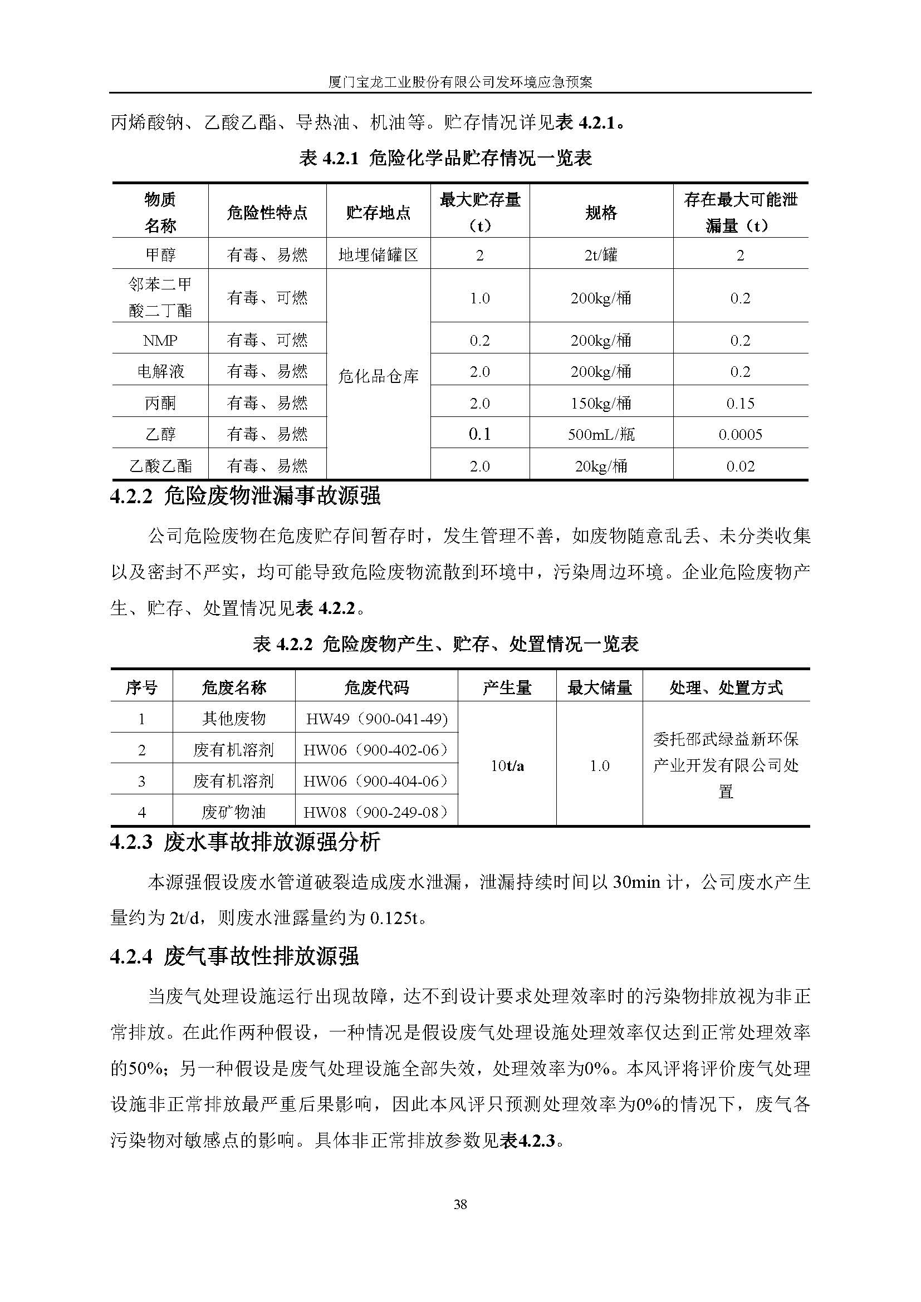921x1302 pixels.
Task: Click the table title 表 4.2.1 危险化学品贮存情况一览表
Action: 445,158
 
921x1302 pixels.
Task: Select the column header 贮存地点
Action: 378,213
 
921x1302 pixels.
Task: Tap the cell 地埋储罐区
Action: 378,254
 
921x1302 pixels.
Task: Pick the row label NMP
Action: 160,340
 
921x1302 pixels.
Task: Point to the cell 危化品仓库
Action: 378,375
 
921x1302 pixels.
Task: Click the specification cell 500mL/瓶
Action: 601,434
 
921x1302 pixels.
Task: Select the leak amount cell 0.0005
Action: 740,434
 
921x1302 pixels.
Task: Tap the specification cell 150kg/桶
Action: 601,403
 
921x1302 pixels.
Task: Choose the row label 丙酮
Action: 160,403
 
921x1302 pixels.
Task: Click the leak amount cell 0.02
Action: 740,466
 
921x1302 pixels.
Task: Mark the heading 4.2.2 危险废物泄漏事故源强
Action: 245,496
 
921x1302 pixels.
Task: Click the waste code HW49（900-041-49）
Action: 376,719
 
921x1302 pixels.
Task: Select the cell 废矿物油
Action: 234,812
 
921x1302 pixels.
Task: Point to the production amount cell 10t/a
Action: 507,765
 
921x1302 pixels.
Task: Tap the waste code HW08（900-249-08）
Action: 376,812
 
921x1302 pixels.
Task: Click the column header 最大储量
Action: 600,688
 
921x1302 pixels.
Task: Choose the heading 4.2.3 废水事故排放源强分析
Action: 245,842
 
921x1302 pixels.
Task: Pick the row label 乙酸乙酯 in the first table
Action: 160,466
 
